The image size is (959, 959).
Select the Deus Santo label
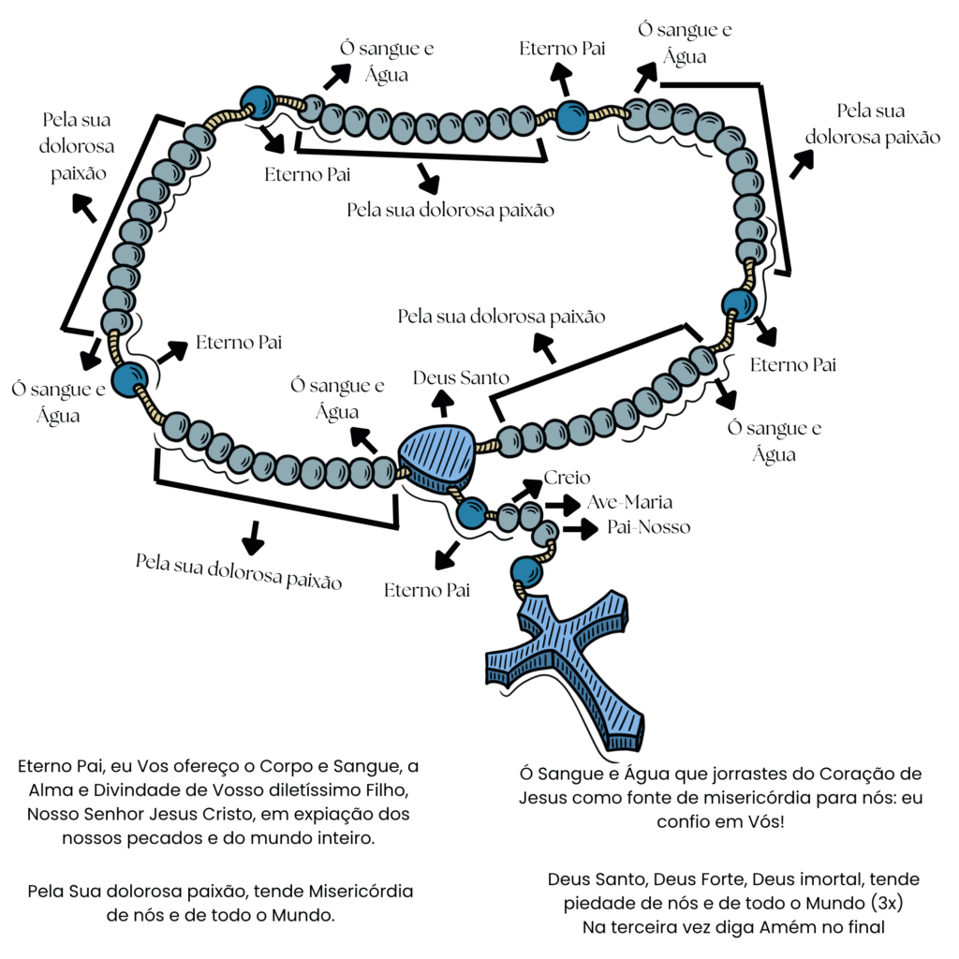click(462, 378)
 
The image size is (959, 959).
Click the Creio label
click(568, 479)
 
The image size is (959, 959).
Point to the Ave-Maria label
click(628, 503)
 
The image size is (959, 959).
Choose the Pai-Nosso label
click(648, 527)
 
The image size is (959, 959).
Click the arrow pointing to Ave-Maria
click(563, 505)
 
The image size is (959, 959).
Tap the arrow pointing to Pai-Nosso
click(580, 529)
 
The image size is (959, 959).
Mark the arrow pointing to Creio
click(529, 488)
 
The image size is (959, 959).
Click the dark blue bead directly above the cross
click(526, 571)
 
